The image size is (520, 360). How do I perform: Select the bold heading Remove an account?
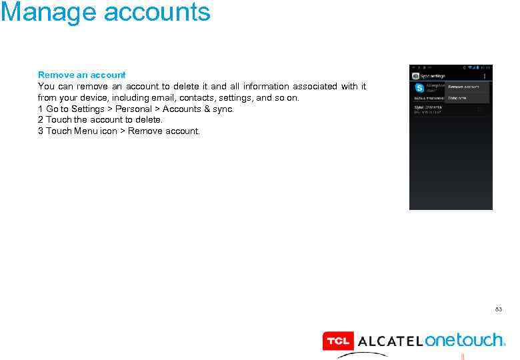pos(82,75)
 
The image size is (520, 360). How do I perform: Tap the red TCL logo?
pos(338,341)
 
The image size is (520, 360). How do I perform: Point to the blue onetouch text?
pos(465,340)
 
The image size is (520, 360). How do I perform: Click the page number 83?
pos(499,309)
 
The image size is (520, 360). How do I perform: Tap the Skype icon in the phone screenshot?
pos(419,88)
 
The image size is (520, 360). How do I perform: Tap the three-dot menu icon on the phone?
pos(484,76)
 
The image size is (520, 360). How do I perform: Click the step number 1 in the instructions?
pos(41,109)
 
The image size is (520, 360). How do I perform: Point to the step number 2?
pos(41,120)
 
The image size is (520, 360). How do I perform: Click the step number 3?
pos(41,131)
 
